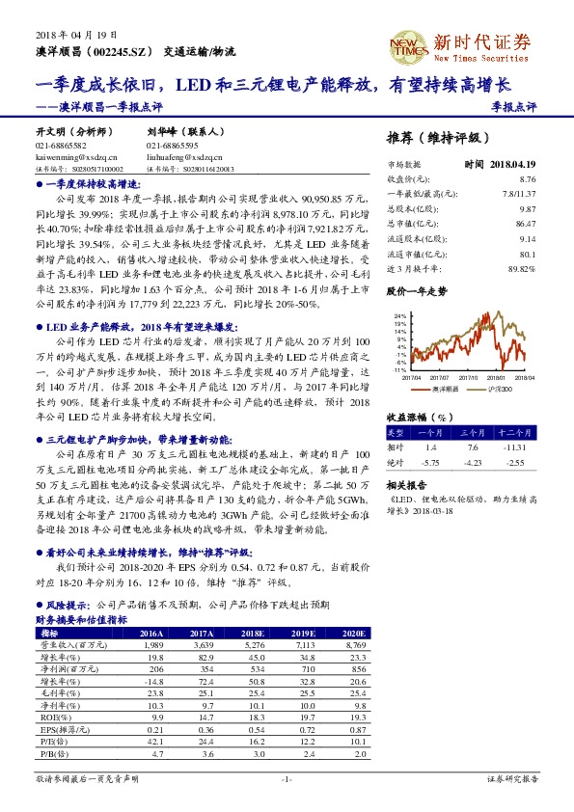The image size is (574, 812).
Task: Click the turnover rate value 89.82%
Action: (x=521, y=268)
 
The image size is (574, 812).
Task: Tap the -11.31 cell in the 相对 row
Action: (x=519, y=447)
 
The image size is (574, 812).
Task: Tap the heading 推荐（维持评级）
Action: (x=437, y=138)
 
